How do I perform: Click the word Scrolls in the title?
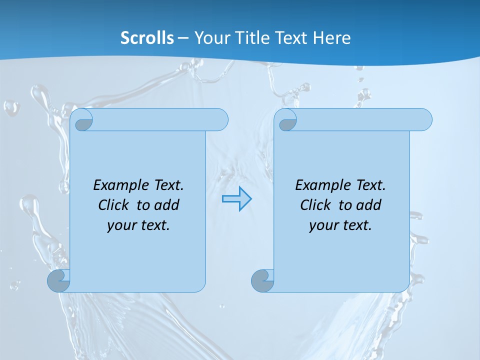tap(147, 38)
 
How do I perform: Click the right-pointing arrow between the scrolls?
tap(236, 199)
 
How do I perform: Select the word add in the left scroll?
tap(167, 205)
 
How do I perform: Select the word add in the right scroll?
tap(369, 205)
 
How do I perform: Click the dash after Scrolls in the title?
tap(183, 38)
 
